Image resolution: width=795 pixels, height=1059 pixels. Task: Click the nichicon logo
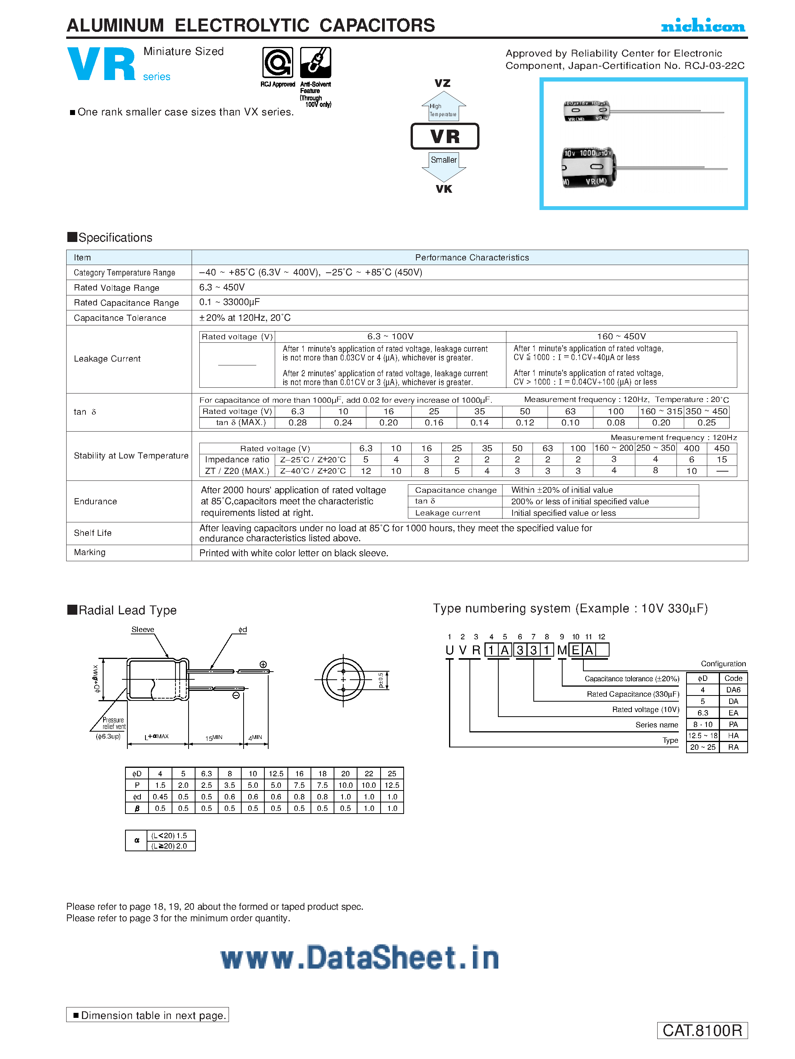point(703,26)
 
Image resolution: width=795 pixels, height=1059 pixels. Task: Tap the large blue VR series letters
point(102,64)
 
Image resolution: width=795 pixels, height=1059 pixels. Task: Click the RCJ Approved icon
point(277,62)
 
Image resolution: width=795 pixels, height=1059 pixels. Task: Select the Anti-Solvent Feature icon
point(315,62)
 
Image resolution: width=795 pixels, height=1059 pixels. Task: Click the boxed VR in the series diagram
point(444,137)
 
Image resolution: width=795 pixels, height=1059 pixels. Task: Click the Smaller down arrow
point(443,165)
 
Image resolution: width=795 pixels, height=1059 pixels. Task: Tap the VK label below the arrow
point(443,189)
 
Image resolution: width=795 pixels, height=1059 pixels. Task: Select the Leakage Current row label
point(107,359)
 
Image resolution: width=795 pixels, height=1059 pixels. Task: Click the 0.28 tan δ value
point(297,423)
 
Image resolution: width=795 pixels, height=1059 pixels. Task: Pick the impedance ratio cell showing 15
point(721,460)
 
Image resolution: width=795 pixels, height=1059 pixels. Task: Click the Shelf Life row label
point(92,533)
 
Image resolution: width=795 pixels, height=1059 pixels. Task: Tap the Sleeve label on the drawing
point(143,630)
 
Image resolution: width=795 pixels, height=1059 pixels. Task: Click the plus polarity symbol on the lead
point(263,664)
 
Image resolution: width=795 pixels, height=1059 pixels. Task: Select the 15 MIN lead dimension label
point(214,738)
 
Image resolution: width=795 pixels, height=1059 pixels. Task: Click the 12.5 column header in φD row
point(276,774)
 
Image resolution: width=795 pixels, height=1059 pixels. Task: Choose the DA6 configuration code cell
point(733,690)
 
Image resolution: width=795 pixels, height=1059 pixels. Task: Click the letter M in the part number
point(562,650)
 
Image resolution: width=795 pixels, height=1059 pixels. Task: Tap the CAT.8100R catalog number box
point(702,1030)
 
